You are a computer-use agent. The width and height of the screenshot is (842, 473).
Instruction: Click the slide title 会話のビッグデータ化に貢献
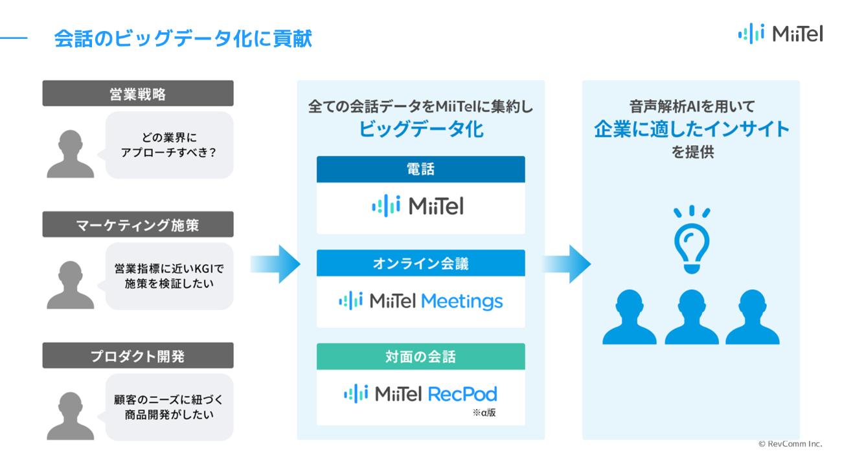point(183,38)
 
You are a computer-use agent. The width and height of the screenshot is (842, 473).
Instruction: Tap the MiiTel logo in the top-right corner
point(780,34)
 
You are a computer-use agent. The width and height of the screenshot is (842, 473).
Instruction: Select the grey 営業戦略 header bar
point(138,93)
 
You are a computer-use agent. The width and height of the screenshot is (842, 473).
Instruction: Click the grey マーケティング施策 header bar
point(138,224)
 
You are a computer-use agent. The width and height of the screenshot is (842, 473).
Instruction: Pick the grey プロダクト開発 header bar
point(138,355)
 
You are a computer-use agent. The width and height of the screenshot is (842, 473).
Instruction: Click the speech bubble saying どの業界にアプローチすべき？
point(168,145)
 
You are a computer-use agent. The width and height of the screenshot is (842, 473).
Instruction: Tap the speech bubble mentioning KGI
point(168,276)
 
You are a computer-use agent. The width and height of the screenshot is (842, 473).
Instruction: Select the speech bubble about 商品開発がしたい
point(168,407)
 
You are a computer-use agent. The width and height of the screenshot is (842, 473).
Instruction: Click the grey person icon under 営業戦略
point(71,154)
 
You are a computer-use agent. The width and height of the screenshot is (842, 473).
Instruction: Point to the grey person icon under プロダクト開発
point(71,416)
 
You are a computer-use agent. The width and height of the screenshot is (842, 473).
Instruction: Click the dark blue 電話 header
point(420,170)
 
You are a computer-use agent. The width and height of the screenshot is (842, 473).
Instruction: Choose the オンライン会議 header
point(420,263)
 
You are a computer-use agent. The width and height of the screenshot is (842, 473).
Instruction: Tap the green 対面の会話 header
point(420,357)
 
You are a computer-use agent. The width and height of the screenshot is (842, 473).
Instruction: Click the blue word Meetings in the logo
point(462,302)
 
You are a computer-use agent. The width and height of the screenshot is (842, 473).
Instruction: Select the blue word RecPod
point(462,394)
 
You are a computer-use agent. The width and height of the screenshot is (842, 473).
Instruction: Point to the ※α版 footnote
point(484,413)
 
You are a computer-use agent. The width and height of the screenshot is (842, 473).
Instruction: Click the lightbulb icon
point(692,239)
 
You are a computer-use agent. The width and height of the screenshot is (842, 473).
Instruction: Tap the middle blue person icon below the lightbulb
point(692,317)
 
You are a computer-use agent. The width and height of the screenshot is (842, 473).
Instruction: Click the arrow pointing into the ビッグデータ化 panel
point(275,264)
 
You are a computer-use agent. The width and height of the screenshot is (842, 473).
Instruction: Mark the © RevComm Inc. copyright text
point(790,444)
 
